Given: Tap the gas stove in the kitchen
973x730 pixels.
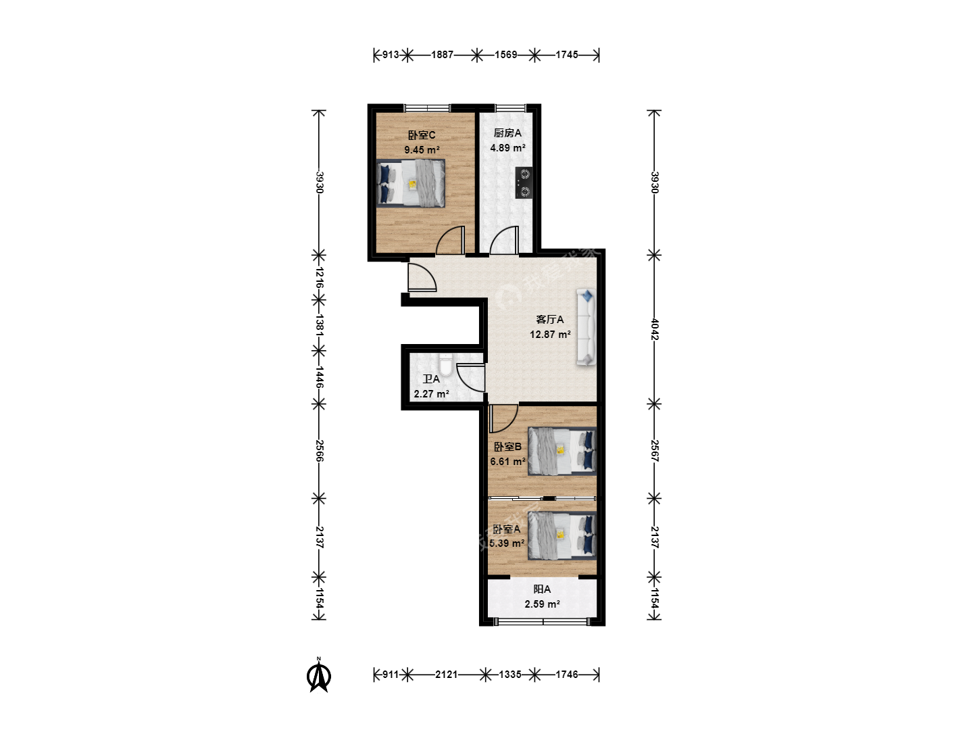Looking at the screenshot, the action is pyautogui.click(x=524, y=182).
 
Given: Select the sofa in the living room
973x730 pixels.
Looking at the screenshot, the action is pyautogui.click(x=586, y=327).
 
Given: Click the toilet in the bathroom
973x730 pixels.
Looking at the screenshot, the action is pyautogui.click(x=445, y=365).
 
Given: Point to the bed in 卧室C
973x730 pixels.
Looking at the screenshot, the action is pyautogui.click(x=410, y=183).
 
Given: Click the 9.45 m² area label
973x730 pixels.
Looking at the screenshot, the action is pyautogui.click(x=422, y=150).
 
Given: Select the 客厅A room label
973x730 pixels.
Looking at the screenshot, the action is pyautogui.click(x=549, y=319).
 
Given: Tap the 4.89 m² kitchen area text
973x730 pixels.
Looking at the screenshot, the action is pyautogui.click(x=507, y=147).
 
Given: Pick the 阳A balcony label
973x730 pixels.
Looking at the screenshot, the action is pyautogui.click(x=542, y=589).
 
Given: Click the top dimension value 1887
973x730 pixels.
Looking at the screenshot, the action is pyautogui.click(x=442, y=55).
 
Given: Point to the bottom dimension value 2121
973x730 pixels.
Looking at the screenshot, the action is pyautogui.click(x=446, y=674).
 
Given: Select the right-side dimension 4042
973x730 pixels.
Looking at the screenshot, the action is pyautogui.click(x=655, y=329).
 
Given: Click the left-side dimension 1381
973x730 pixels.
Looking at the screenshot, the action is pyautogui.click(x=319, y=325).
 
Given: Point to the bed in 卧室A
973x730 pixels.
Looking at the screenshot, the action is pyautogui.click(x=562, y=535).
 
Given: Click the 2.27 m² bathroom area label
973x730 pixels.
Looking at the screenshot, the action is pyautogui.click(x=431, y=393).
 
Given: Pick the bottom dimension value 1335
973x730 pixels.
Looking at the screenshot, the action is pyautogui.click(x=509, y=674).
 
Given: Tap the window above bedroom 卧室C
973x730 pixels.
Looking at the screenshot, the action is pyautogui.click(x=427, y=107).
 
